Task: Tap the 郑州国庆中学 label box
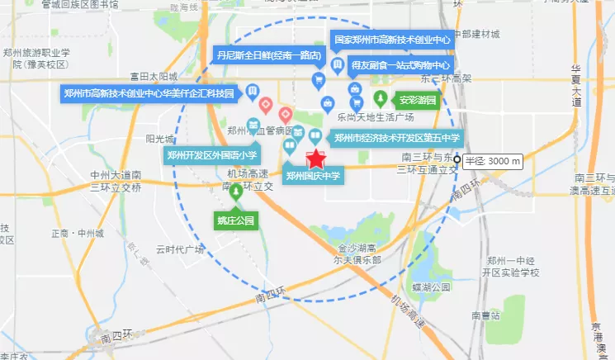pyautogui.click(x=313, y=175)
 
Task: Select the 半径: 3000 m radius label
pyautogui.click(x=493, y=161)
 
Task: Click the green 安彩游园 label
pyautogui.click(x=416, y=101)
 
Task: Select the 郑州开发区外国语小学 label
pyautogui.click(x=212, y=154)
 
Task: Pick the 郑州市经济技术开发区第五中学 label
pyautogui.click(x=395, y=138)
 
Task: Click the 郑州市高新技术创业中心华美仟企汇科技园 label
pyautogui.click(x=149, y=92)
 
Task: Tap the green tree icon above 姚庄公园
pyautogui.click(x=238, y=193)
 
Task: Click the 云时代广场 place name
pyautogui.click(x=180, y=249)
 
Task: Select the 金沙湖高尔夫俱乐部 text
pyautogui.click(x=359, y=253)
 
